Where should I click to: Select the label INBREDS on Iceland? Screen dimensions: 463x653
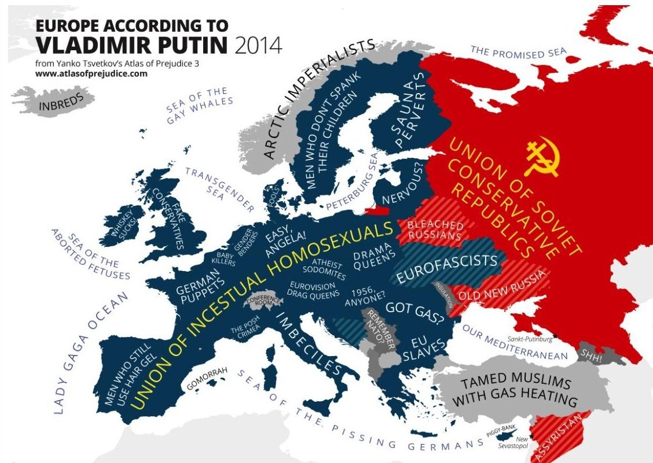[x=61, y=102]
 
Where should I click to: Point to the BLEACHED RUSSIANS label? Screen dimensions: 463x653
[x=435, y=230]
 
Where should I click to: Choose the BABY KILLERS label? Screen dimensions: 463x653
[x=226, y=258]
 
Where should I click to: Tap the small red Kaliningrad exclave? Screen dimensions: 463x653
[x=376, y=211]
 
